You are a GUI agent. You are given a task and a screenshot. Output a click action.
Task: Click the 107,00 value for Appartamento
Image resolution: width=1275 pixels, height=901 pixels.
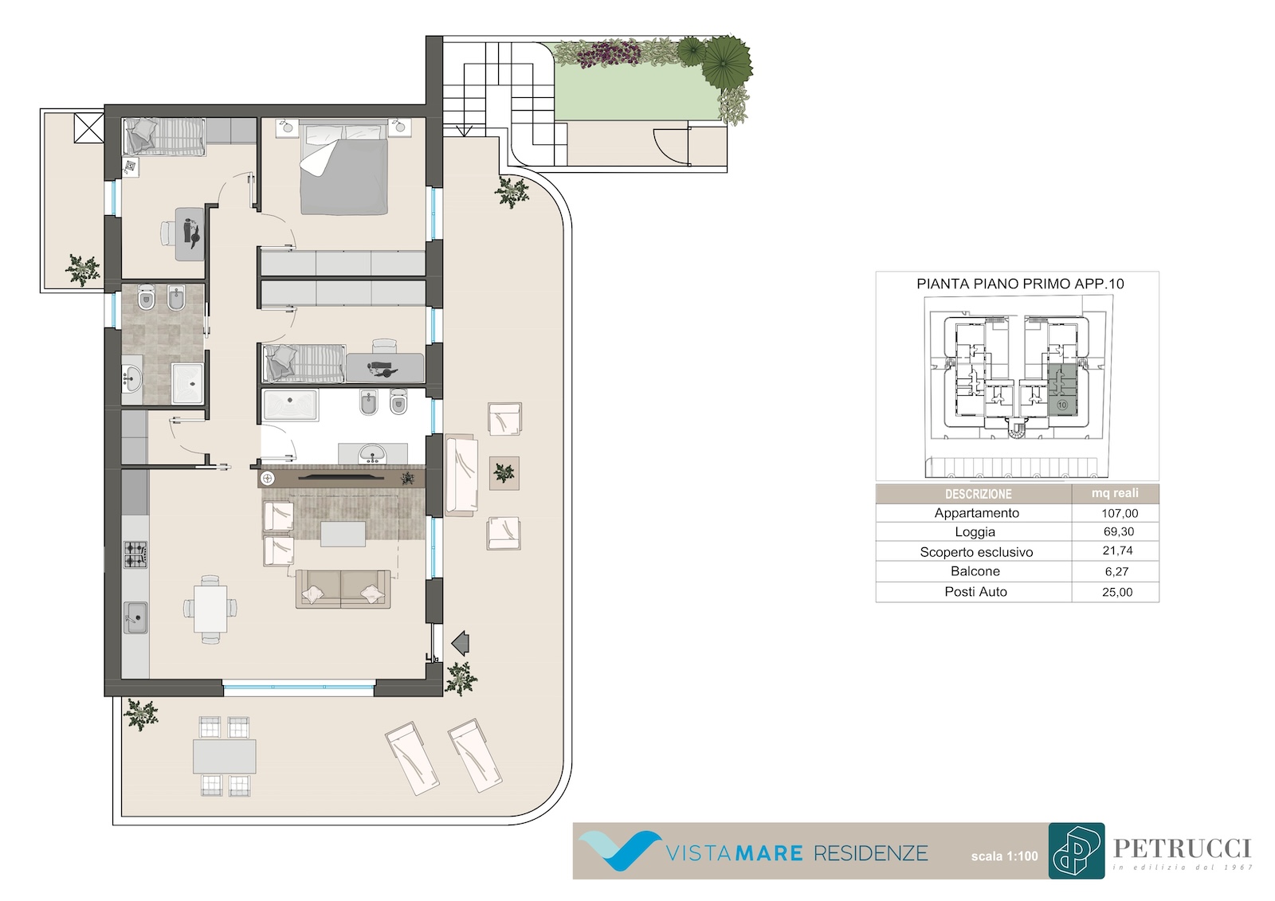tap(1120, 513)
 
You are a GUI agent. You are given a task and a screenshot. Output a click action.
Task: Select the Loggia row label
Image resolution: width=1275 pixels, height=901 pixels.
tap(975, 532)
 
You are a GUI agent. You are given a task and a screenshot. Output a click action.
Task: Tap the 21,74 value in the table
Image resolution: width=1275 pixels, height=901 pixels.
tap(1118, 551)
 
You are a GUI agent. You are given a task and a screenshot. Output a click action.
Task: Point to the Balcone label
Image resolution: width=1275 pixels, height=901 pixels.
tap(975, 571)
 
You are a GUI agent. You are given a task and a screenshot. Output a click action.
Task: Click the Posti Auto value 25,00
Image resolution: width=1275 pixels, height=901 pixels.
tap(1117, 592)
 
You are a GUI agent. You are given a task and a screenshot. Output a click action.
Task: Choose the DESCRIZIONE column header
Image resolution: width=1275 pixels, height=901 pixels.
tap(979, 494)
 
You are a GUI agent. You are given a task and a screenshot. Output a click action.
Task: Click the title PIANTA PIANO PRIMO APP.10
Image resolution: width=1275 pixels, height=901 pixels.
tap(1020, 284)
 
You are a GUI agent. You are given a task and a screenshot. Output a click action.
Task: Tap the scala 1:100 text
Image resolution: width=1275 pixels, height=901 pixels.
tap(1005, 856)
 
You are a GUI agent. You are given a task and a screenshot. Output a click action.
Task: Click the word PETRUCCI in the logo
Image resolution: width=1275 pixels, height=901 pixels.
tap(1183, 848)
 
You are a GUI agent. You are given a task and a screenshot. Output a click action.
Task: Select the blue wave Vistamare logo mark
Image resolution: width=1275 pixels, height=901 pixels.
tap(620, 850)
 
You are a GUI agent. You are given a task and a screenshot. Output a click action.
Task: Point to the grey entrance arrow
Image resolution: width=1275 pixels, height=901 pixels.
tap(460, 643)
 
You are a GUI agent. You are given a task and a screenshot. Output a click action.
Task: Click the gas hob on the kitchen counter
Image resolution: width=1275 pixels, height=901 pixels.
tap(135, 555)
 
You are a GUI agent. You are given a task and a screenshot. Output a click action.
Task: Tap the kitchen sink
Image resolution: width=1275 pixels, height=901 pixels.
tap(135, 617)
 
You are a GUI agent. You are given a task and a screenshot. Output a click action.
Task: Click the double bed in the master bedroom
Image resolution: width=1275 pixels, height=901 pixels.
tap(344, 169)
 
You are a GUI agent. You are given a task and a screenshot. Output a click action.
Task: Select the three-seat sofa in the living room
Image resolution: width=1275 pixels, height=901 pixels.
tap(343, 589)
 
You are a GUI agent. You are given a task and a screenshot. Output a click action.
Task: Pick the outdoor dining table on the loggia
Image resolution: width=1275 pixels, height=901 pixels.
tap(224, 756)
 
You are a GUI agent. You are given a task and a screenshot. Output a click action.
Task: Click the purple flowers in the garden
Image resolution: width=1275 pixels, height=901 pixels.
tap(609, 55)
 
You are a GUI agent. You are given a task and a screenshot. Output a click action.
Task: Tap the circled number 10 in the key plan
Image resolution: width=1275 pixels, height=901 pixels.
tap(1062, 405)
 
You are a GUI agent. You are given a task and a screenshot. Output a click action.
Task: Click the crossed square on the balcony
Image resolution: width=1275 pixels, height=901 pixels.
tap(88, 128)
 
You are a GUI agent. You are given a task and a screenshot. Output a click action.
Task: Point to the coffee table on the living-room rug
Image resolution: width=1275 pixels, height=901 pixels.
tap(343, 534)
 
